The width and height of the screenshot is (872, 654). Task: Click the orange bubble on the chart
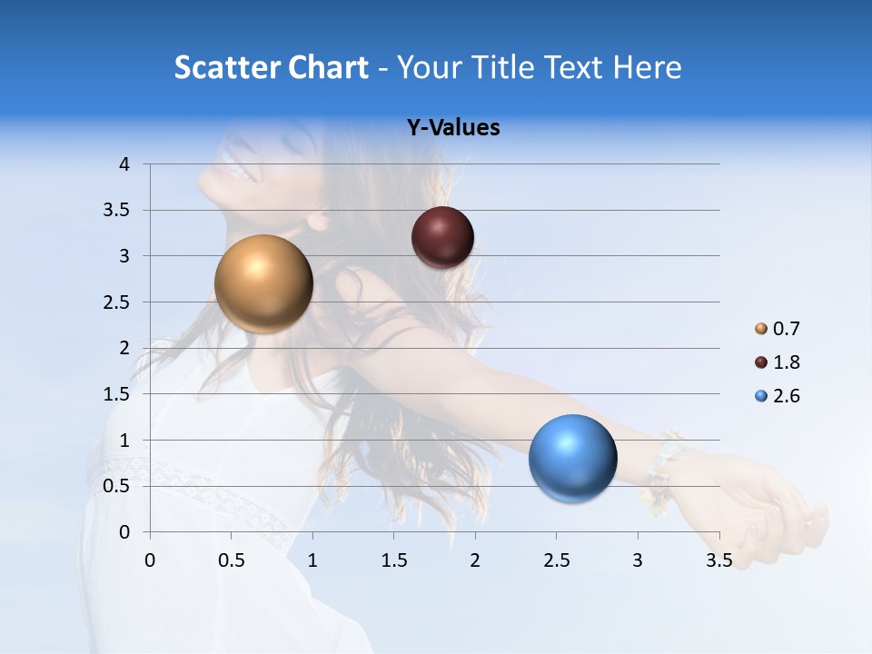click(x=263, y=283)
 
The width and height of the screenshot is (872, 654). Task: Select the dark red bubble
click(x=442, y=238)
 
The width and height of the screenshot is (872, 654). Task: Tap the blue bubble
click(x=572, y=458)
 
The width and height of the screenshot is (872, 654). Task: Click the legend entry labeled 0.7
click(x=778, y=329)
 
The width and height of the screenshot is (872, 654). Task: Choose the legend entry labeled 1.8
click(x=778, y=362)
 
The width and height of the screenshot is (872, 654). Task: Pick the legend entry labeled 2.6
click(x=778, y=396)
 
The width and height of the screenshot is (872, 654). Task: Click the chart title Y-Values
click(x=452, y=128)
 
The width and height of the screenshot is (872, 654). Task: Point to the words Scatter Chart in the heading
click(x=271, y=67)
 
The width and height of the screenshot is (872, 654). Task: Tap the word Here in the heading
click(x=646, y=67)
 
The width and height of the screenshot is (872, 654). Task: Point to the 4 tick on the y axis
click(x=124, y=164)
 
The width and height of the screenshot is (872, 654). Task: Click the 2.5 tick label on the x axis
click(x=556, y=560)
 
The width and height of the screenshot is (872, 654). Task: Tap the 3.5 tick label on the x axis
click(x=718, y=560)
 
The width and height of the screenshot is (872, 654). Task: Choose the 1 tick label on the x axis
click(x=312, y=560)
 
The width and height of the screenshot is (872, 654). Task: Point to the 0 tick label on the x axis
click(x=150, y=560)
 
